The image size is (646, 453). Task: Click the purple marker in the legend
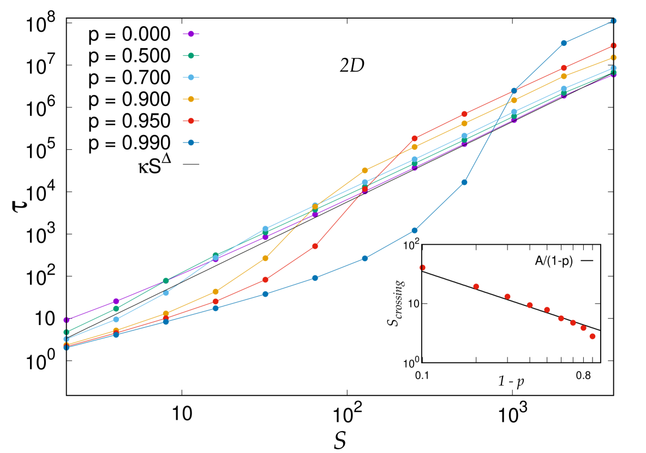(x=191, y=34)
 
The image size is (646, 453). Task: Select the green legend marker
(x=191, y=56)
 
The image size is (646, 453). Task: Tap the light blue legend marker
(x=191, y=78)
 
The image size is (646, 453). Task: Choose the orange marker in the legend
(x=191, y=99)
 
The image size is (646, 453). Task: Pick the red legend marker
(x=191, y=121)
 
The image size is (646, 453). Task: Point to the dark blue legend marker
(x=191, y=143)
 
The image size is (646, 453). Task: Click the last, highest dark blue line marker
(x=613, y=21)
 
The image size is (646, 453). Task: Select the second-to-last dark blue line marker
(x=564, y=43)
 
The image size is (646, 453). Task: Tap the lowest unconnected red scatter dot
(x=592, y=337)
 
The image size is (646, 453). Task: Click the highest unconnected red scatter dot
(x=422, y=268)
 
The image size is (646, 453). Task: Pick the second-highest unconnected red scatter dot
(x=476, y=286)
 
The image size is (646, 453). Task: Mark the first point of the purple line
(x=67, y=320)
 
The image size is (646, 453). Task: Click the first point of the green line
(x=67, y=332)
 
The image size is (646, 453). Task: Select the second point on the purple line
(x=116, y=302)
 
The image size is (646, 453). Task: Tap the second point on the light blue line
(x=116, y=319)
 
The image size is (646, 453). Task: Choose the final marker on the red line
(x=613, y=46)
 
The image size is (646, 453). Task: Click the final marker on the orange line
(x=613, y=58)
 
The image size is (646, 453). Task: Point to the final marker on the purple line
(x=613, y=75)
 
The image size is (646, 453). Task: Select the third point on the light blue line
(x=166, y=293)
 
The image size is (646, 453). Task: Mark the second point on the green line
(x=116, y=309)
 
